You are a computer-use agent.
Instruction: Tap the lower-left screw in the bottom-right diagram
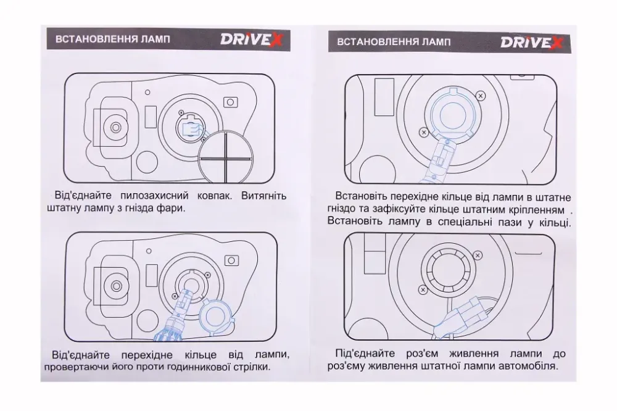423,289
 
